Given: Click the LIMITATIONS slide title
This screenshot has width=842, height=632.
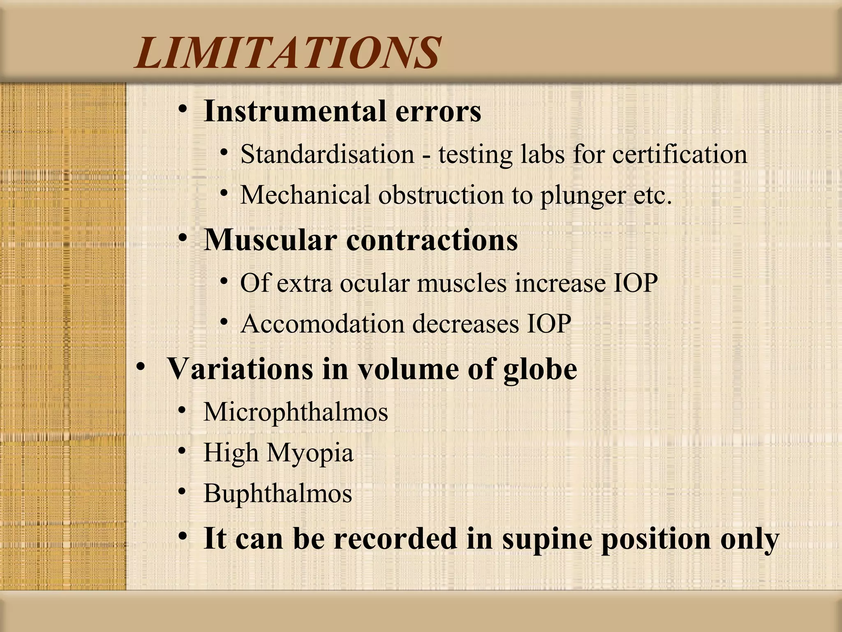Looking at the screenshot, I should tap(288, 53).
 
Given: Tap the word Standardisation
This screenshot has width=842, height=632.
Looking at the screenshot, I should tap(327, 154).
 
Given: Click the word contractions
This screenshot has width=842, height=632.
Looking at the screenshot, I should tap(432, 240).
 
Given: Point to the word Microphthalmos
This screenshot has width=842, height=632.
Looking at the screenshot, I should tap(296, 411).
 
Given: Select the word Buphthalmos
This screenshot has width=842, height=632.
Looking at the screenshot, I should tap(278, 493).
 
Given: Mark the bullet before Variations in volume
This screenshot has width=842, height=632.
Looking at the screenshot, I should tap(141, 367).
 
